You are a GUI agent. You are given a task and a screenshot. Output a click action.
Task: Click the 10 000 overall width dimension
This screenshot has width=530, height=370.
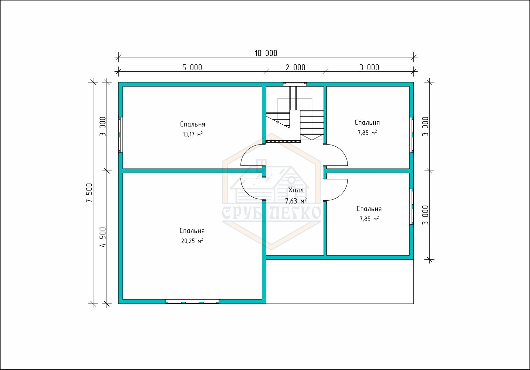[x=266, y=53]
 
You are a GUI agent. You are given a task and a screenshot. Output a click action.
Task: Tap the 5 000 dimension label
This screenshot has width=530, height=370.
[x=192, y=68]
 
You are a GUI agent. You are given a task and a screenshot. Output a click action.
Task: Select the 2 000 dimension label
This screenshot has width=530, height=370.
[x=295, y=68]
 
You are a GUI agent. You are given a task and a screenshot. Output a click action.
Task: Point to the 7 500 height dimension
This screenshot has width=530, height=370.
[x=89, y=193]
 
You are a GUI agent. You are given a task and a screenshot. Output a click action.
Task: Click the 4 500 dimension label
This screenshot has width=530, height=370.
[x=103, y=237]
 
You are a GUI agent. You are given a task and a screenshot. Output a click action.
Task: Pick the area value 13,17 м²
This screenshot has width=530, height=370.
[x=192, y=134]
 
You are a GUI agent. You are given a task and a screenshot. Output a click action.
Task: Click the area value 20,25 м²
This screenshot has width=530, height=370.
[x=192, y=241]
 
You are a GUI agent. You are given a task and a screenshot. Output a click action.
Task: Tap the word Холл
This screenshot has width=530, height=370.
[x=296, y=190]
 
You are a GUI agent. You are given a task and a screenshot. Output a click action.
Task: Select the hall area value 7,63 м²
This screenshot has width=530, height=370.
[x=296, y=201]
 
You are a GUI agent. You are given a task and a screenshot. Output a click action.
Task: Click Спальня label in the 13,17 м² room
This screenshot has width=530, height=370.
[x=192, y=124]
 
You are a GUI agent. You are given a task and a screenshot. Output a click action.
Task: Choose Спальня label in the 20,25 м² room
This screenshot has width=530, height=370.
[x=192, y=231]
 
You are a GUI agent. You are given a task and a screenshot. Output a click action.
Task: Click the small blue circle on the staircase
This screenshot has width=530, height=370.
[x=278, y=122]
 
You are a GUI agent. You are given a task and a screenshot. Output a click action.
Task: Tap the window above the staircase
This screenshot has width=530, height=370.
[x=295, y=84]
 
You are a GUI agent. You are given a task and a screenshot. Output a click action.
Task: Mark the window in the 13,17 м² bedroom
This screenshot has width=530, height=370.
[x=121, y=135]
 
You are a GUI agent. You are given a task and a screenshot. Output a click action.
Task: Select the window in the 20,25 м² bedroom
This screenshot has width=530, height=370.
[x=192, y=302]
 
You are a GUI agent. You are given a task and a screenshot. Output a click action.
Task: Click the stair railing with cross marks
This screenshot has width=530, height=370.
[x=283, y=142]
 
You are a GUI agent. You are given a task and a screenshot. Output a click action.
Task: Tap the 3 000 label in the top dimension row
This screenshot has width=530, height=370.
[x=369, y=68]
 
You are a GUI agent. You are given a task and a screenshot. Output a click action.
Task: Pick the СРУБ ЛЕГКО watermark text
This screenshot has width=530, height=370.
[x=271, y=212]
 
